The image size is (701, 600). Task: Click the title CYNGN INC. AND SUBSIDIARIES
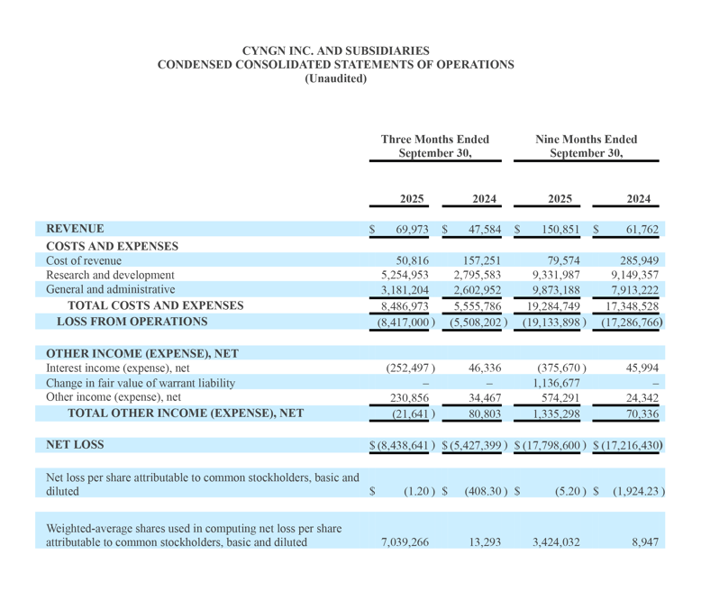tap(335, 50)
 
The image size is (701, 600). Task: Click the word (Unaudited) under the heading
tap(335, 78)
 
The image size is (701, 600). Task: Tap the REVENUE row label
tap(75, 229)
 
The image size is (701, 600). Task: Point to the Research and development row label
tap(110, 275)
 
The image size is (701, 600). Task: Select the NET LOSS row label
tap(75, 445)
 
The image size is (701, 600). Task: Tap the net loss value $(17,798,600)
tap(551, 446)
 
